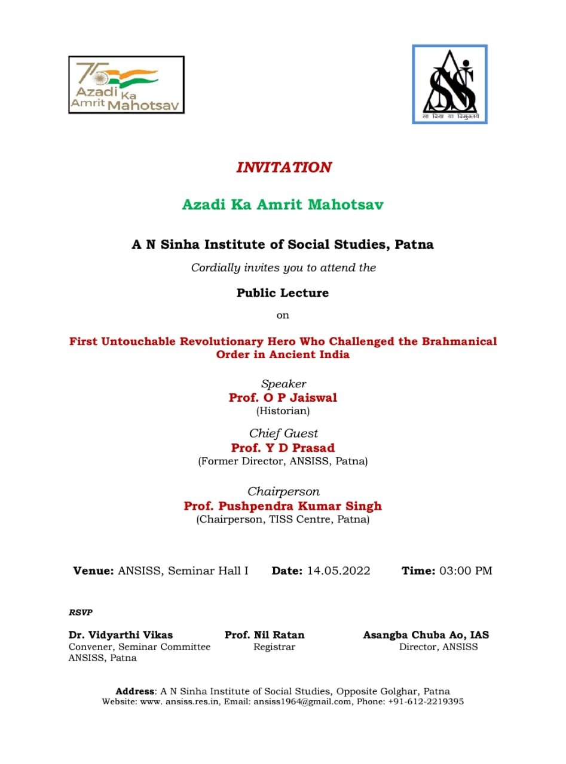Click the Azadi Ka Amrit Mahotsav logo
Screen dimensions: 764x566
[126, 85]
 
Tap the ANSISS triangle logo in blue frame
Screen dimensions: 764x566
[449, 84]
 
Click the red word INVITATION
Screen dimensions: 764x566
[283, 167]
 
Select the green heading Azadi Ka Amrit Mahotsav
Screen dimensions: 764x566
[283, 205]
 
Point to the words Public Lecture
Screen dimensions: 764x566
[283, 293]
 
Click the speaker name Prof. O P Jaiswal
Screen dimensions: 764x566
[283, 398]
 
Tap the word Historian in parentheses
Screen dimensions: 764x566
[283, 411]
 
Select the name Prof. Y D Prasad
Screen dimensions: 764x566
[283, 448]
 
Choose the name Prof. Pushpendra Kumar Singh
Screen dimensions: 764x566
[283, 506]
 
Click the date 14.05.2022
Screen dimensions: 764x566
[338, 571]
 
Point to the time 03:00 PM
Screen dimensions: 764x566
[466, 571]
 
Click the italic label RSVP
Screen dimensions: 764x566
[81, 612]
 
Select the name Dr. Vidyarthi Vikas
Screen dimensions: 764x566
[121, 635]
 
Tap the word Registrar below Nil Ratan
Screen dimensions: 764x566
[274, 647]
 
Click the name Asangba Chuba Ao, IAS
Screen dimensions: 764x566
[426, 635]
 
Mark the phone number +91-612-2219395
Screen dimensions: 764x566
[426, 702]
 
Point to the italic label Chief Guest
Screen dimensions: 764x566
[283, 433]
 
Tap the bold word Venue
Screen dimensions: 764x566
[93, 571]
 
